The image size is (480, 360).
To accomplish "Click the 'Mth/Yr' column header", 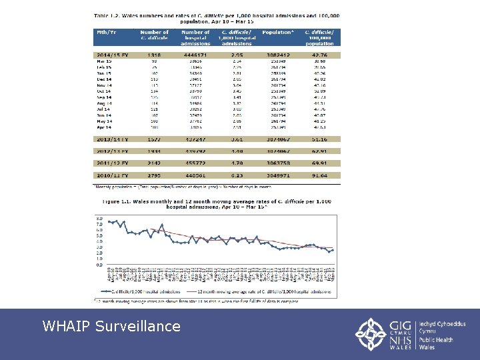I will click(x=107, y=32).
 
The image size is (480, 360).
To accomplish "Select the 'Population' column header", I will click(x=277, y=32).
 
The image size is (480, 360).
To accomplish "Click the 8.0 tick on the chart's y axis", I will click(x=99, y=219).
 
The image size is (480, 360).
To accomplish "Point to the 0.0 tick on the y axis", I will click(x=99, y=265).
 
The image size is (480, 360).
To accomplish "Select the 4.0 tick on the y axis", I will click(x=99, y=241).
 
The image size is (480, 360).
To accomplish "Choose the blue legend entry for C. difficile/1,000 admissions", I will click(x=147, y=291).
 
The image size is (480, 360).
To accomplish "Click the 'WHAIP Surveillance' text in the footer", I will click(x=111, y=326).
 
